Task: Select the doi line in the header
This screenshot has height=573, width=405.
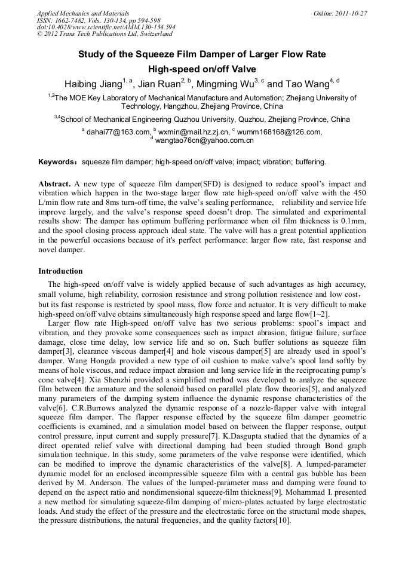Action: point(106,27)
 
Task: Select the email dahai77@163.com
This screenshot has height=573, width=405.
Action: point(118,132)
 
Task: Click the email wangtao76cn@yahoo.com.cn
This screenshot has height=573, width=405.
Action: point(204,140)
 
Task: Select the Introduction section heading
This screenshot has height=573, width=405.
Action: point(60,271)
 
